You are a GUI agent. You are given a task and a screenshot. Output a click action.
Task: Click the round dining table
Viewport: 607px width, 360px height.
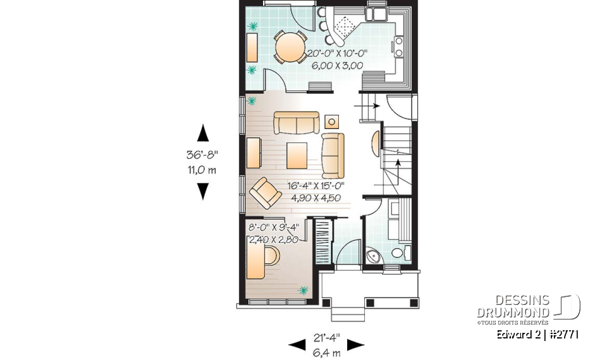[290, 47]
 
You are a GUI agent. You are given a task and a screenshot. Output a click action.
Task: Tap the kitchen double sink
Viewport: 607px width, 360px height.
[376, 14]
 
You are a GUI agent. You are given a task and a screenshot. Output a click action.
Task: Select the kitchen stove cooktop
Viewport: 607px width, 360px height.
[398, 46]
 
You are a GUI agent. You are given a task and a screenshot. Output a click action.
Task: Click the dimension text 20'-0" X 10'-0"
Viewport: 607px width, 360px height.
[337, 54]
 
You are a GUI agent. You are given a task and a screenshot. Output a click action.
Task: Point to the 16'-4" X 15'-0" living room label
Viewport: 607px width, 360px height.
[316, 185]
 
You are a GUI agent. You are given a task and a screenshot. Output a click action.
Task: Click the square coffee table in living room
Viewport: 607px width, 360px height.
[297, 156]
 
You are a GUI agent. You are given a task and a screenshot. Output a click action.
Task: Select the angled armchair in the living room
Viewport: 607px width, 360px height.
[265, 193]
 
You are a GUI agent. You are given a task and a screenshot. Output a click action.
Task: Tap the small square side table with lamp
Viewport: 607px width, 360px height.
[332, 122]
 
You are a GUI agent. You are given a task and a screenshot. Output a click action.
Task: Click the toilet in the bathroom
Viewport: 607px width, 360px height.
[400, 252]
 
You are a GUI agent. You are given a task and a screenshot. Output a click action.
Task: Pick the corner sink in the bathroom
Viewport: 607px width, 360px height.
[373, 256]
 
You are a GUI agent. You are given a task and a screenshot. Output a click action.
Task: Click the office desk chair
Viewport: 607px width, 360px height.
[272, 256]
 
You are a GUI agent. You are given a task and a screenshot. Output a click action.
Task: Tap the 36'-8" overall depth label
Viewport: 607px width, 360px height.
[202, 154]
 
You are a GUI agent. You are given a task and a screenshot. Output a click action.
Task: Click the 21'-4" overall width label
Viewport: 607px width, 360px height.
[327, 338]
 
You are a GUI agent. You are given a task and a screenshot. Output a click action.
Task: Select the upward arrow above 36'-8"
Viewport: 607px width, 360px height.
[203, 133]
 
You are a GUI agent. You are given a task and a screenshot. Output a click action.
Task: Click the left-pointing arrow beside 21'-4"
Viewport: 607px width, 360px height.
[297, 345]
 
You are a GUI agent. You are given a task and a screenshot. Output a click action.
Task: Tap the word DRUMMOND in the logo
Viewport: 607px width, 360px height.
[513, 313]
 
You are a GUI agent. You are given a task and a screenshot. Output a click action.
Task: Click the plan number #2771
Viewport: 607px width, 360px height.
[563, 335]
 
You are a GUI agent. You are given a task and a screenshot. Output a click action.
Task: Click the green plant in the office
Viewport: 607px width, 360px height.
[303, 290]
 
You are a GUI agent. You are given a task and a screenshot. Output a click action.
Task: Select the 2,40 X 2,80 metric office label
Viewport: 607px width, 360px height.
[274, 240]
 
